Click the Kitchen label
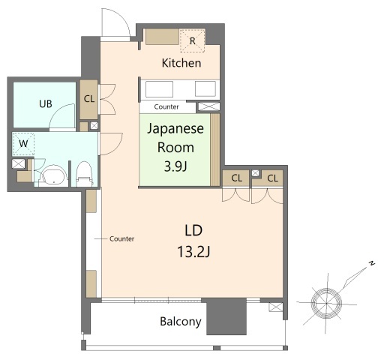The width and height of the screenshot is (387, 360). tap(181, 63)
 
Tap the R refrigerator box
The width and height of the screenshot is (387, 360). tap(193, 40)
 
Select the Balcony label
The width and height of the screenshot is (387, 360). tap(180, 322)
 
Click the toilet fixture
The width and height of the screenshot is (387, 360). tap(83, 172)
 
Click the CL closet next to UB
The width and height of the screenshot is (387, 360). tap(89, 98)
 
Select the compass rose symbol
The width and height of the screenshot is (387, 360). tap(325, 304)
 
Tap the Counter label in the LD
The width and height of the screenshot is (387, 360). tap(121, 238)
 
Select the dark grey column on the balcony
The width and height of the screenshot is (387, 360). tap(226, 316)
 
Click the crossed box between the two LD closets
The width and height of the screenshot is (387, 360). tap(255, 173)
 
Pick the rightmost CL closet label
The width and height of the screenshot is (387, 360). tap(272, 178)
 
